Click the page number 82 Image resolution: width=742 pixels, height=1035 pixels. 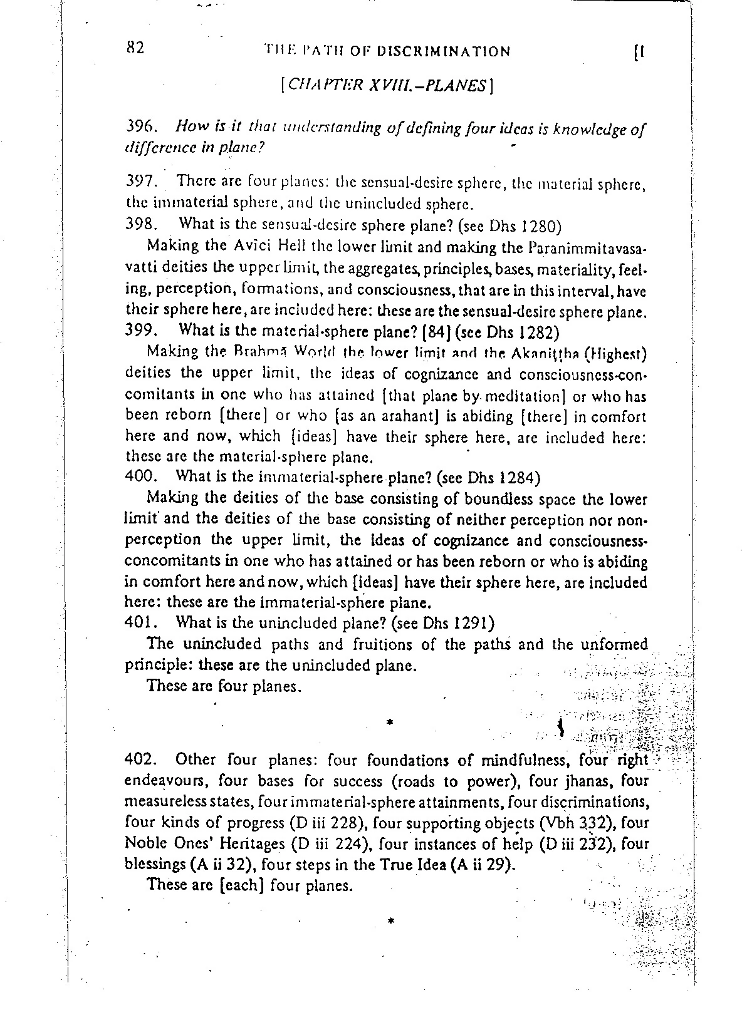135,48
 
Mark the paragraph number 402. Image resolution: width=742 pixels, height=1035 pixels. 140,760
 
